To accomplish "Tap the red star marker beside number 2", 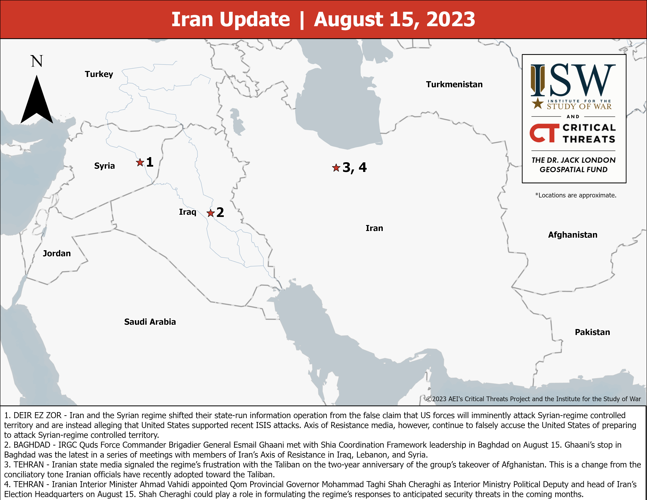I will click(210, 213).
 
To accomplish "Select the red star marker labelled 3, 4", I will click(336, 168).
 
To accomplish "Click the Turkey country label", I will click(99, 74).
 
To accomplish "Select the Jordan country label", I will click(57, 253).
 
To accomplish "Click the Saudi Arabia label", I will click(150, 322).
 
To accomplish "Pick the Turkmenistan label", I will click(454, 85).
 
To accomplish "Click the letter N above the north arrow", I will click(37, 61).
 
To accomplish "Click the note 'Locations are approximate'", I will click(576, 195).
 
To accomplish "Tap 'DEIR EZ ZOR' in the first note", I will click(37, 415).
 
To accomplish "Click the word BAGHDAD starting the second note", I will click(32, 445).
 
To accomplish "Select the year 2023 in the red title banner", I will click(450, 20).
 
